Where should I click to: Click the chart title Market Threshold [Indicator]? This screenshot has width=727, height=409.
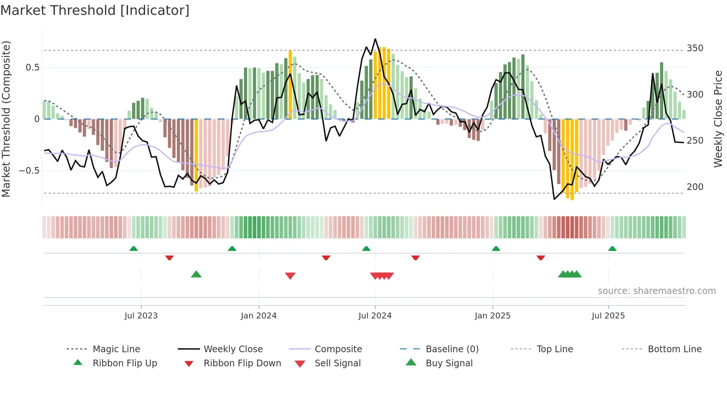tap(95, 10)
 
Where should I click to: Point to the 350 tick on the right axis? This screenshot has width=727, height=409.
tap(695, 48)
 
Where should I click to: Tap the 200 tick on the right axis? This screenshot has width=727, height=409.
tap(695, 187)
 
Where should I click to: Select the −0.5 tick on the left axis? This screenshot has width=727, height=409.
tap(29, 171)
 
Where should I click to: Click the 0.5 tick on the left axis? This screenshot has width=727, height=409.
tap(32, 68)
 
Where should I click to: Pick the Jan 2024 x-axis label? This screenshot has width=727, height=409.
tap(259, 316)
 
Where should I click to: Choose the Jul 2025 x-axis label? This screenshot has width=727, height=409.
tap(608, 316)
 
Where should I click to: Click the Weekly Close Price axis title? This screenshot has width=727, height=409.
tap(718, 119)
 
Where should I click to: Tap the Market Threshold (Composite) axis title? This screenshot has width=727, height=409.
tap(6, 119)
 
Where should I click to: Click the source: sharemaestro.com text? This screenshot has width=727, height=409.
tap(657, 291)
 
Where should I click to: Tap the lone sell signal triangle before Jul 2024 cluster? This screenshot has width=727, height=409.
tap(290, 276)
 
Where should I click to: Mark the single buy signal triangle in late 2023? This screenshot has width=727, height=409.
tap(196, 274)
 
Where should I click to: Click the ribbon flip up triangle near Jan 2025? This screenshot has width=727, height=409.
tap(496, 249)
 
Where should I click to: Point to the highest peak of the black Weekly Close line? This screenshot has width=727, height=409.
tap(375, 39)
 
